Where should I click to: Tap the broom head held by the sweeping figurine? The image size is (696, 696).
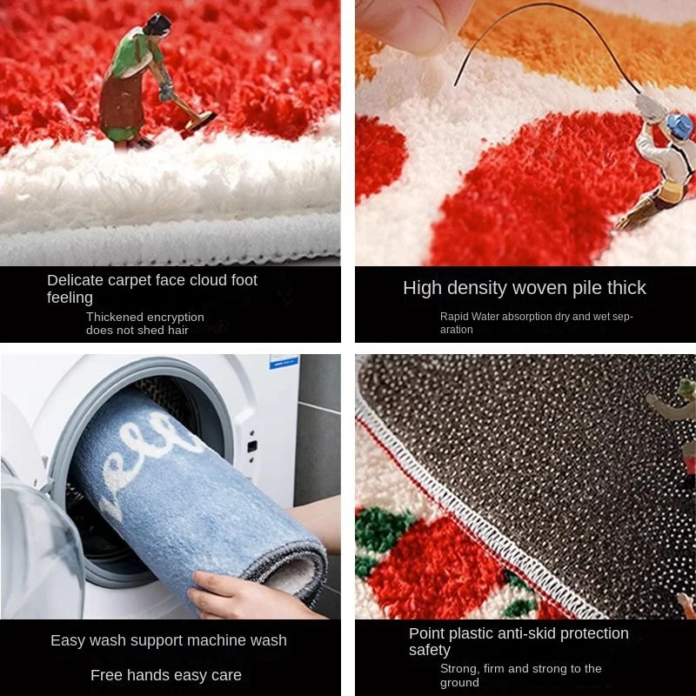click(x=201, y=121)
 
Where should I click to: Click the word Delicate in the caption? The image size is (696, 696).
click(x=75, y=280)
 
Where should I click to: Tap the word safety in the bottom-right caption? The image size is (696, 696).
click(x=430, y=650)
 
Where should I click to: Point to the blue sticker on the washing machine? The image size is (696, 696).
click(x=284, y=362)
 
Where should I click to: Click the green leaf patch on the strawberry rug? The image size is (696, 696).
click(x=382, y=528)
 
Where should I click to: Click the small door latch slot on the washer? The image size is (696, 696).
click(x=251, y=445)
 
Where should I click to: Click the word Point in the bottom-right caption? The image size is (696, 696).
click(x=425, y=633)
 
